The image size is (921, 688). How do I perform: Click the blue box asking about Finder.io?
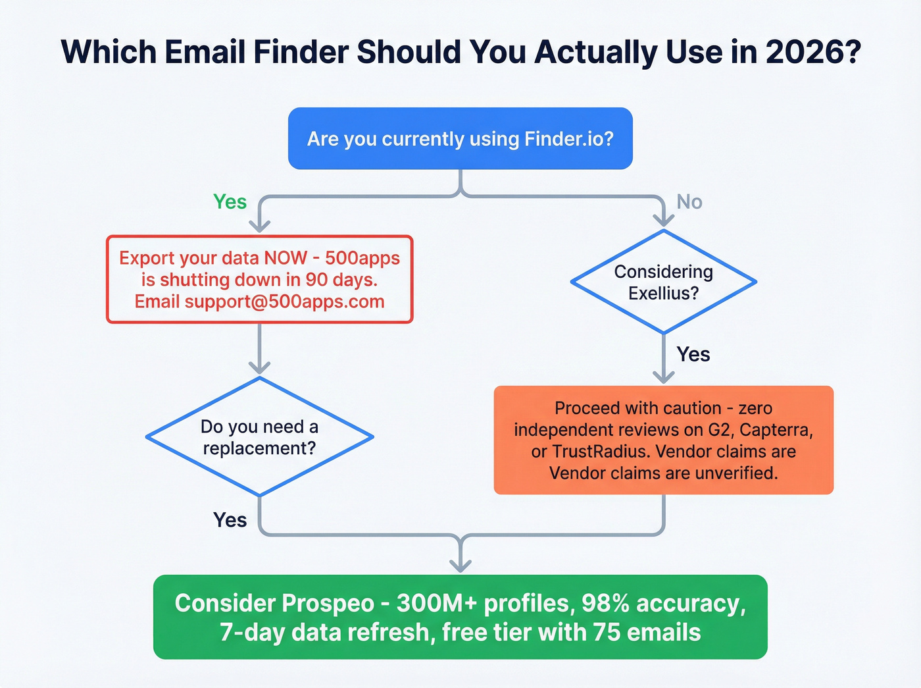point(460,139)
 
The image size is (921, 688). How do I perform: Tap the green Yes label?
point(230,201)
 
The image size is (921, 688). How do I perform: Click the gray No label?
point(689,201)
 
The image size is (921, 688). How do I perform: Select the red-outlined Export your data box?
point(259,279)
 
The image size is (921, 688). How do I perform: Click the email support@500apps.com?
point(284,302)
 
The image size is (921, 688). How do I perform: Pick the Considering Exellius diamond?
point(663,282)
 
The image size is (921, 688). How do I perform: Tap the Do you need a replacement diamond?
point(259,437)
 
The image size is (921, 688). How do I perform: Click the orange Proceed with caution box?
point(663,440)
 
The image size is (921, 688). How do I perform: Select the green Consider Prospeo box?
point(460,617)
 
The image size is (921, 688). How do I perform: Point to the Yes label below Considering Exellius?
point(693,354)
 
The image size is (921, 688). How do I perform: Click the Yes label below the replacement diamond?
point(230,520)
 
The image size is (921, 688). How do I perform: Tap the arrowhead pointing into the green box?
point(460,565)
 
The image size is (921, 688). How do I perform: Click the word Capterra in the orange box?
point(776,430)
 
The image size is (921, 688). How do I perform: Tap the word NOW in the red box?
point(285,257)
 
